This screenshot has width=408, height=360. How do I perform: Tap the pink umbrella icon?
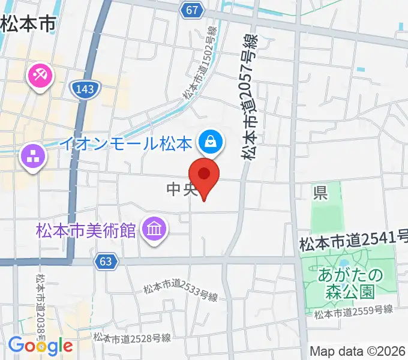(x=41, y=76)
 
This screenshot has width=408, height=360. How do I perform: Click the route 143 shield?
(x=85, y=89)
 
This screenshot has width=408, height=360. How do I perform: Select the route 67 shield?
(x=191, y=10)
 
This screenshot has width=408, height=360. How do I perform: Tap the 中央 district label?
(x=182, y=190)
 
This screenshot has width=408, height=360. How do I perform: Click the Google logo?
(x=40, y=346)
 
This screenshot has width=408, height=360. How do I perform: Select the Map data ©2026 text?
(x=358, y=351)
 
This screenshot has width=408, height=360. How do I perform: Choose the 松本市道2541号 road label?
(x=353, y=243)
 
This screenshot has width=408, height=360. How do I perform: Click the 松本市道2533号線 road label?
(x=180, y=292)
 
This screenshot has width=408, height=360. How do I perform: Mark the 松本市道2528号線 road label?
(x=132, y=338)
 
